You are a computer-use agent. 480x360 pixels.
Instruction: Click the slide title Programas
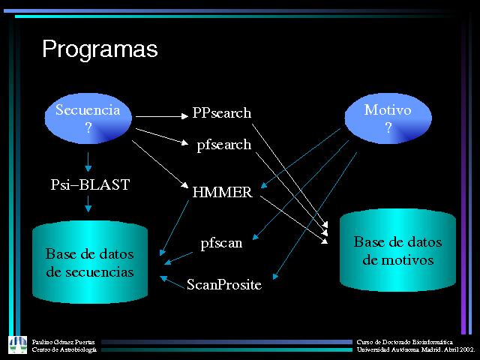(100, 49)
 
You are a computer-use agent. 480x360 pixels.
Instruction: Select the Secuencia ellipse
(88, 118)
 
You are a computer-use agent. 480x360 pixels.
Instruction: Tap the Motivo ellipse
(388, 118)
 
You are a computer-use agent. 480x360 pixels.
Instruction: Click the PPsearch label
(221, 113)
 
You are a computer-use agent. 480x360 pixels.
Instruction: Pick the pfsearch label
(223, 145)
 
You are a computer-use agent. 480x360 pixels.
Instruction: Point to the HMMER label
(222, 192)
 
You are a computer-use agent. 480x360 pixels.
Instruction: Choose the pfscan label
(221, 243)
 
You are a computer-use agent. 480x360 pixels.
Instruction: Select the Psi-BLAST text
(90, 184)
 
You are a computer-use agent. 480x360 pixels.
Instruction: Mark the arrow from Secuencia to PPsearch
(161, 115)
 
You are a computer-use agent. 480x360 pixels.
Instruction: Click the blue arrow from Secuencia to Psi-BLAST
(88, 160)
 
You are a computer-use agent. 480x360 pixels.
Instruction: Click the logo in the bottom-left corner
(17, 344)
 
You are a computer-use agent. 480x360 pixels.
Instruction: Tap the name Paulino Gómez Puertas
(63, 341)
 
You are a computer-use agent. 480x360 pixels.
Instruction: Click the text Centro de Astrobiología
(64, 349)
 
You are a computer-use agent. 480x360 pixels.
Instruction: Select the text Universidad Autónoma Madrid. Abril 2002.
(415, 349)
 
